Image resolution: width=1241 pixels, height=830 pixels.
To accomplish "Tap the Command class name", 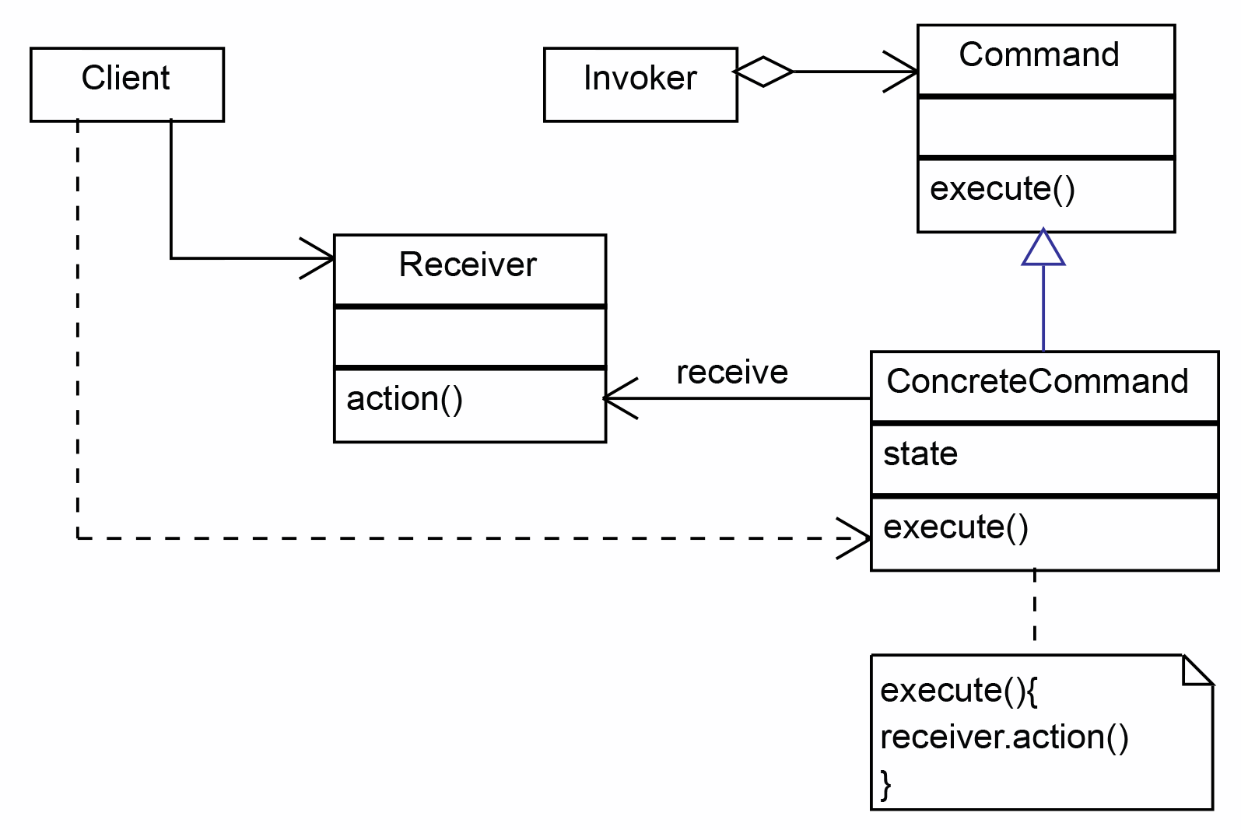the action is [1039, 54].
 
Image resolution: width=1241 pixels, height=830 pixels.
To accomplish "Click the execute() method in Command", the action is [1002, 190].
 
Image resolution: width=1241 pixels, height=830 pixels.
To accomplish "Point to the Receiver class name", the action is [468, 264].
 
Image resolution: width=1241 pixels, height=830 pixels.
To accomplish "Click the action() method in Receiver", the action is [405, 399].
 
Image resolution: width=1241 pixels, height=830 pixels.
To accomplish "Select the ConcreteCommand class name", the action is [1037, 381].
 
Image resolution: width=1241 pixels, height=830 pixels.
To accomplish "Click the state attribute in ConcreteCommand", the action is [920, 454].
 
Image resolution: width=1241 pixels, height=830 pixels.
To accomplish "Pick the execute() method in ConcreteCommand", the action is [955, 527].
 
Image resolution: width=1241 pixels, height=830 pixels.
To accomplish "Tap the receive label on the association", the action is [732, 372].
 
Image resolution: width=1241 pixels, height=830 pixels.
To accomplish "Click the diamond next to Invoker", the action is [762, 72].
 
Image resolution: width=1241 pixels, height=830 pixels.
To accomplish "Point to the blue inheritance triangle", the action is [1043, 247].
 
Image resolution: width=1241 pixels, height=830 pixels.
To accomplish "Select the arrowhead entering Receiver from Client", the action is [317, 258].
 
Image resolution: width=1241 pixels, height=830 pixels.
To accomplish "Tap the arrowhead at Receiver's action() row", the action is [620, 398].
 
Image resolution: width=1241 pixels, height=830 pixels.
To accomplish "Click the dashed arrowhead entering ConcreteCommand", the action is [854, 538].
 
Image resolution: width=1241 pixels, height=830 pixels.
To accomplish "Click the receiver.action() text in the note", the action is [1004, 737].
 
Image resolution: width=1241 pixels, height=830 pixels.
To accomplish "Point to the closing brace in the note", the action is [885, 785].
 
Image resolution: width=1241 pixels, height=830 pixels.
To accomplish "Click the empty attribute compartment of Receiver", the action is [470, 337].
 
